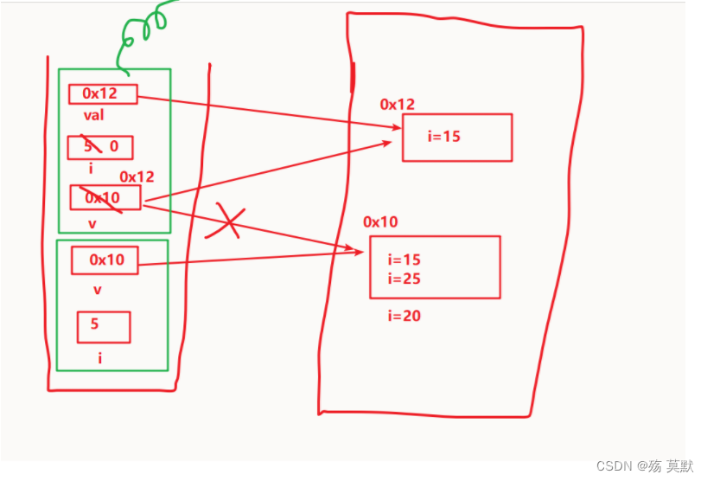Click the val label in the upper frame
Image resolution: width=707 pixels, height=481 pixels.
tap(93, 115)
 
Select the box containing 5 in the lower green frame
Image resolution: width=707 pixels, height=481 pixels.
tap(104, 326)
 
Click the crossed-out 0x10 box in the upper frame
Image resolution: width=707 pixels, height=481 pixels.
tap(105, 197)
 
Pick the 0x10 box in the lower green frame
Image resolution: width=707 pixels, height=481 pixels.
tap(105, 260)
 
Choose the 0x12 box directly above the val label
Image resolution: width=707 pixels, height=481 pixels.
tap(103, 93)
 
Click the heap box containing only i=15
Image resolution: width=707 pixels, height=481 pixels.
tap(456, 137)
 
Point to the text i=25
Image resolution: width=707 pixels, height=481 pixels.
tap(404, 279)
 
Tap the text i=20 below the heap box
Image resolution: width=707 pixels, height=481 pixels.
tap(404, 317)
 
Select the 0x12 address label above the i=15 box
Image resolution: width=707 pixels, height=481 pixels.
tap(398, 105)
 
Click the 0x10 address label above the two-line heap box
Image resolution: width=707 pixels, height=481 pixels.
tap(381, 222)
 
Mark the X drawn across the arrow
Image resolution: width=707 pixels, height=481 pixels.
tap(226, 221)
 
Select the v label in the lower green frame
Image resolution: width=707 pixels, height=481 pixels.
tap(97, 291)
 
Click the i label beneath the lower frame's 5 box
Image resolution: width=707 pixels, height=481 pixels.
tap(99, 356)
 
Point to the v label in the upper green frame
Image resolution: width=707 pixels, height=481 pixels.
tap(92, 224)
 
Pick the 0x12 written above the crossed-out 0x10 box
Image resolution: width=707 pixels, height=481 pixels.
tap(137, 176)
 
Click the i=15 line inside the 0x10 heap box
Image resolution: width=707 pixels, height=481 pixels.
tap(404, 260)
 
